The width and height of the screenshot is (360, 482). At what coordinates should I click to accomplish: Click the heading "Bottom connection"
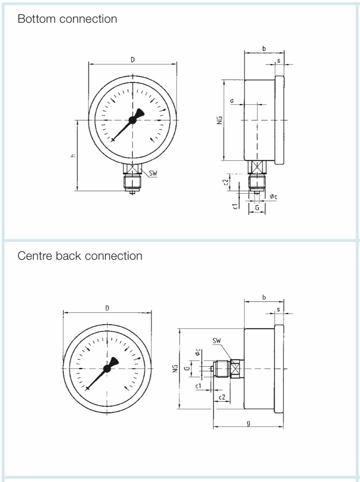pos(67,19)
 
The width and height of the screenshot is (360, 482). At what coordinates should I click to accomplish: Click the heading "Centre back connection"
pos(80,256)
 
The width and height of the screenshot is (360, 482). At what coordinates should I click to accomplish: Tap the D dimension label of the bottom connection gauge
pos(132,60)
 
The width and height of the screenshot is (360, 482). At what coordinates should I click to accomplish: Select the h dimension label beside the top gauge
pos(73,156)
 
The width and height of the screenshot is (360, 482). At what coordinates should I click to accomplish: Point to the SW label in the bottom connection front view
pos(153,173)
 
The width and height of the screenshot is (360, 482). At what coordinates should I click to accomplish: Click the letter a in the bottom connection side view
pos(232,101)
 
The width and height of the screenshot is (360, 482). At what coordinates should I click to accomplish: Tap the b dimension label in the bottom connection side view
pos(264,49)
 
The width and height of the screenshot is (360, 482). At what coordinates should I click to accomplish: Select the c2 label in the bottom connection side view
pos(225,182)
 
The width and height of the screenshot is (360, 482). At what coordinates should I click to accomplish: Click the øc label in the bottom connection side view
pos(273,197)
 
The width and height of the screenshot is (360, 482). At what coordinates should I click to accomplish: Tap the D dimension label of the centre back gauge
pos(107,308)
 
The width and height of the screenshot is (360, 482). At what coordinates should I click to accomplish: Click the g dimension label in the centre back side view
pos(249,423)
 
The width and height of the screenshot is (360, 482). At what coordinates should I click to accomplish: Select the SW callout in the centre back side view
pos(217,341)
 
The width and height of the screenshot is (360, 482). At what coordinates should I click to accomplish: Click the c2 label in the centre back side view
pos(222,397)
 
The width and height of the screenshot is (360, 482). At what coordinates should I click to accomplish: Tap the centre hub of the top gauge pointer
pos(132,120)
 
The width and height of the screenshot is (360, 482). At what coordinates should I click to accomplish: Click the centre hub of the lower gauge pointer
pos(107,368)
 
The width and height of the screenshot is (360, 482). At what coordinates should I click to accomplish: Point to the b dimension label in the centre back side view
pos(264,298)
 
